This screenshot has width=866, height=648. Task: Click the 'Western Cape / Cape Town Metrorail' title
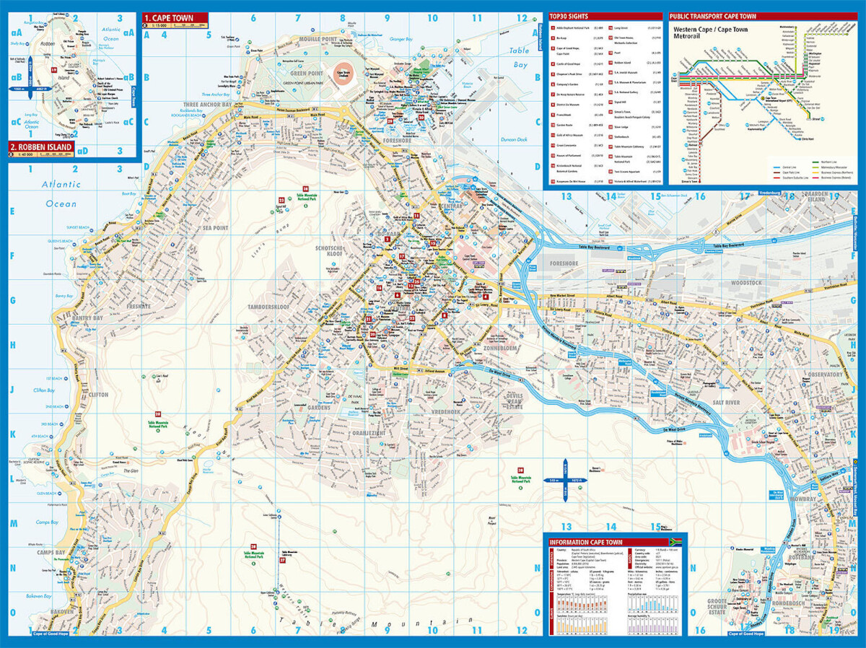click(x=711, y=34)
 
